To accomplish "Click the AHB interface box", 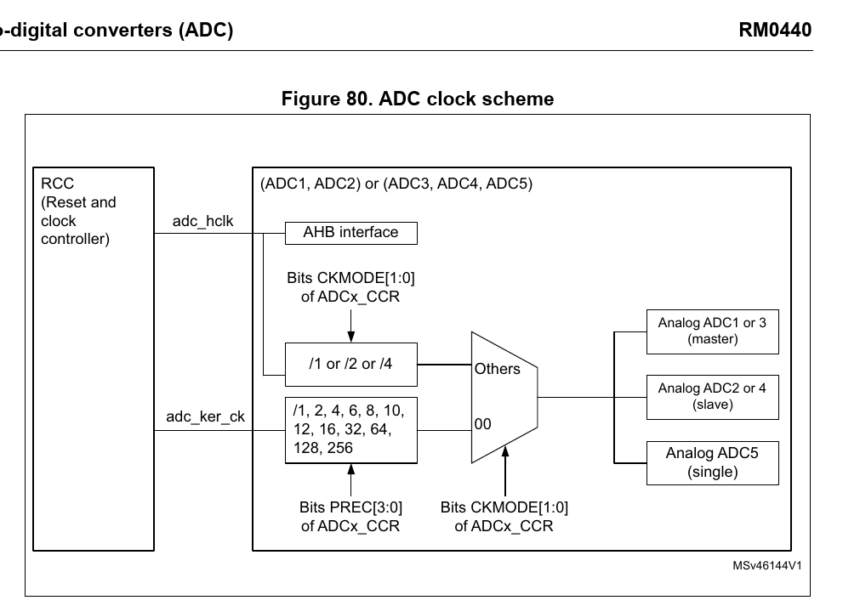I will click(350, 232).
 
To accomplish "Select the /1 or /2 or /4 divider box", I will click(350, 364).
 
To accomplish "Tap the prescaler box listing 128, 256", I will click(350, 430).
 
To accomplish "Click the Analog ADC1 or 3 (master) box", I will click(713, 331).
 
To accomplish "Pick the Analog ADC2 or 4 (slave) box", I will click(713, 396).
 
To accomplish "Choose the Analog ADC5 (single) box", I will click(713, 462).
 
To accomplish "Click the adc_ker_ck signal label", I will click(205, 416).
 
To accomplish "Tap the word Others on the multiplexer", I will click(497, 369).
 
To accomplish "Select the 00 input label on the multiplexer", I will click(482, 424).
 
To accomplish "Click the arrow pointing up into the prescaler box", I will click(350, 478).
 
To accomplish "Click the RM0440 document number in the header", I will click(776, 31).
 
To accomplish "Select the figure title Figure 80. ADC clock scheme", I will click(418, 99).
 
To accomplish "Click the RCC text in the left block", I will click(58, 184).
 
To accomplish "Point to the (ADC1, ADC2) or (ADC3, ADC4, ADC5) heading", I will click(396, 184).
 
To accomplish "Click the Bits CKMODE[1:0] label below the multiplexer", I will click(504, 516).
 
